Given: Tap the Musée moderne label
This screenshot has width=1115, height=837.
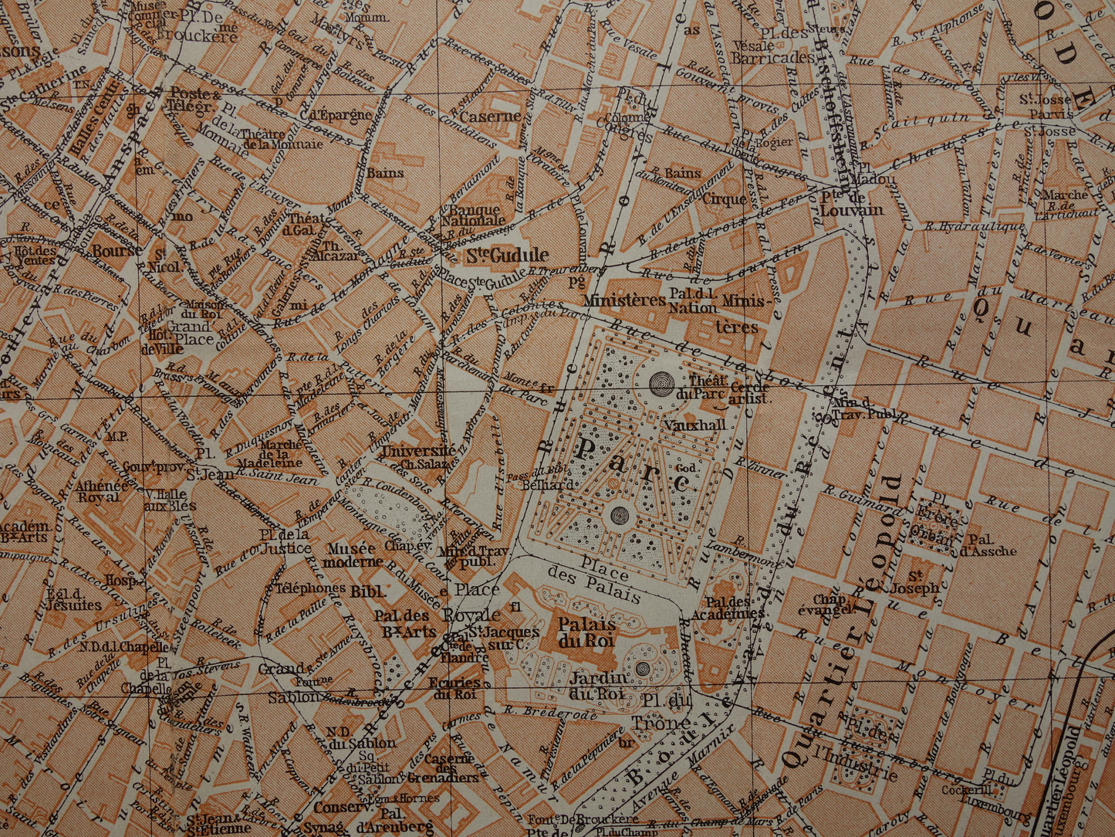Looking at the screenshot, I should pos(351,555).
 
